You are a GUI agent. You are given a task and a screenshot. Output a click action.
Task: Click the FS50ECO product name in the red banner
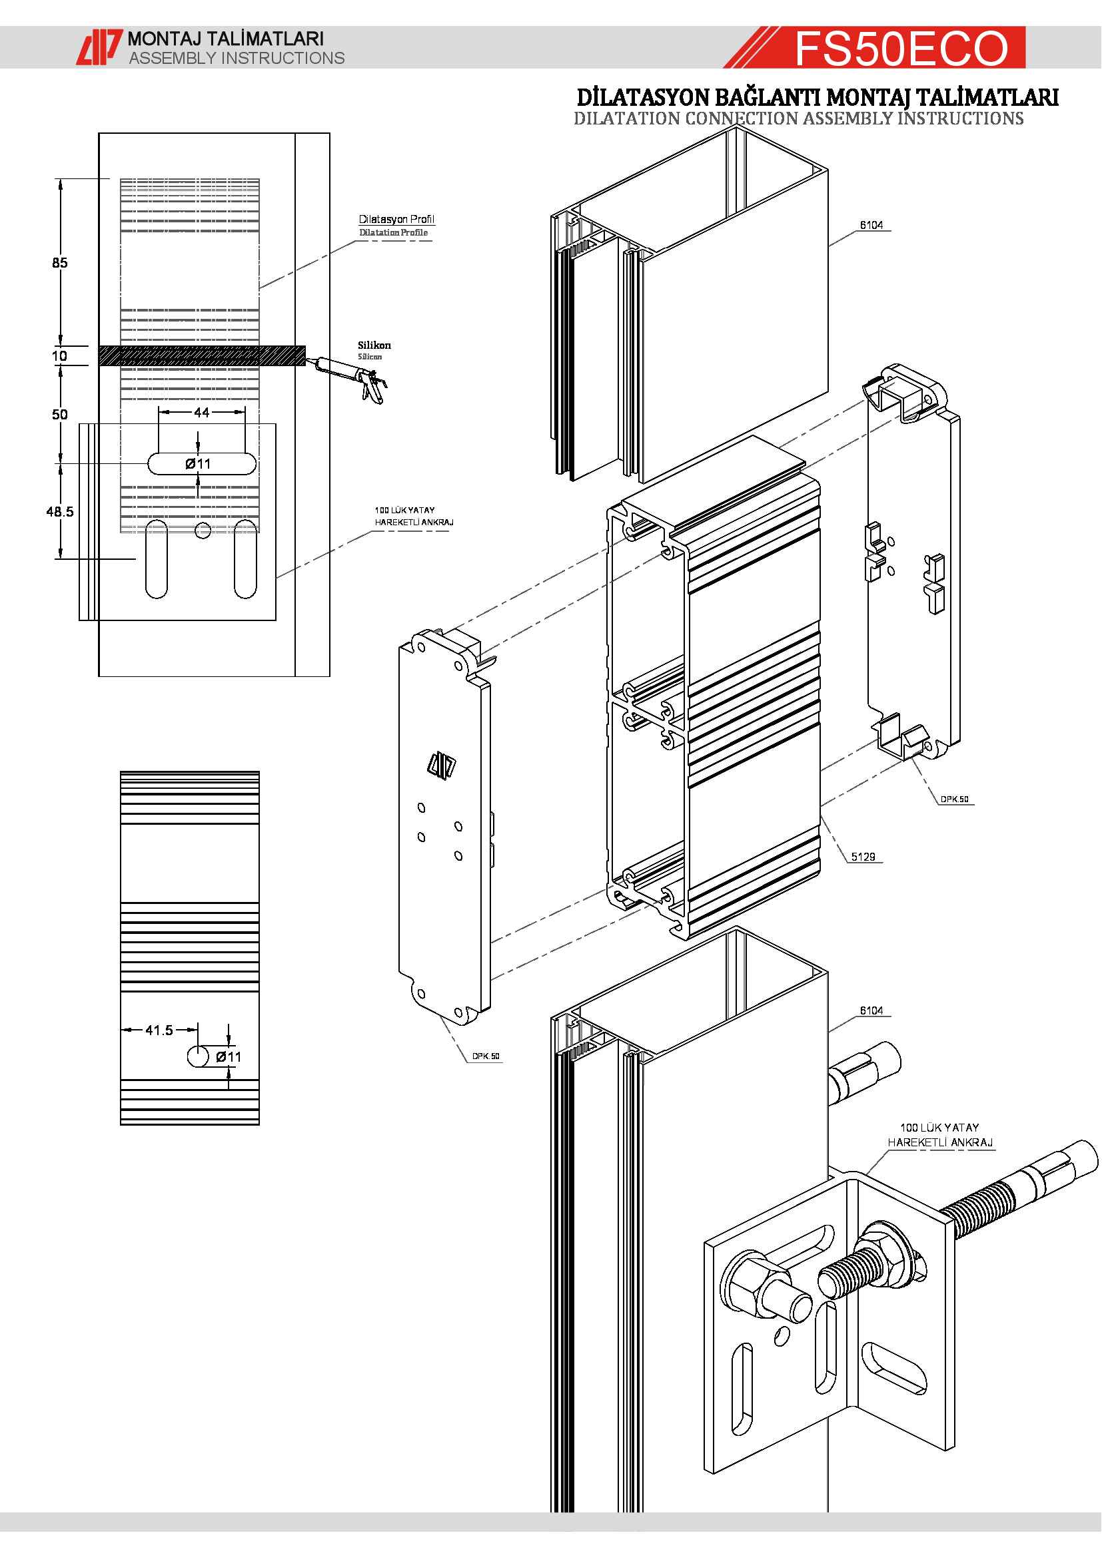tap(901, 48)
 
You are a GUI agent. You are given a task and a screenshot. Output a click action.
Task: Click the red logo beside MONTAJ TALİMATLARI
tap(99, 47)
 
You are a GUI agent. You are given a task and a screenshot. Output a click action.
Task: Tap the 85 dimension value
tap(60, 263)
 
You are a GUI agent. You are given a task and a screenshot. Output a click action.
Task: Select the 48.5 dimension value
tap(60, 512)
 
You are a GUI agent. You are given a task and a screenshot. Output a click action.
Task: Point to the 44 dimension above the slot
tap(201, 412)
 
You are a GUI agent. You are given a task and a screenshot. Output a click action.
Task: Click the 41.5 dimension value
tap(159, 1030)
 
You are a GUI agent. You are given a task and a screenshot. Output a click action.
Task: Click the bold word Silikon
tap(374, 345)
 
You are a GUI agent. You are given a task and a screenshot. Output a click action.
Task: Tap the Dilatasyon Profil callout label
tap(396, 219)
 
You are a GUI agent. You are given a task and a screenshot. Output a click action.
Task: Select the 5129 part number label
tap(863, 857)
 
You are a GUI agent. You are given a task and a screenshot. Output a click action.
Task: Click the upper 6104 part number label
tap(871, 225)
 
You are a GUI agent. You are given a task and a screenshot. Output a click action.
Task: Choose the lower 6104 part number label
tap(871, 1011)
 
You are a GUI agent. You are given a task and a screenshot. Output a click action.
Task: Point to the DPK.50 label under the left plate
tap(486, 1056)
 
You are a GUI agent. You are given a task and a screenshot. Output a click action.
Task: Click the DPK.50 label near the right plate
tap(954, 799)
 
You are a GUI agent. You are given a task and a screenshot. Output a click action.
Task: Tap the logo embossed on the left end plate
tap(442, 766)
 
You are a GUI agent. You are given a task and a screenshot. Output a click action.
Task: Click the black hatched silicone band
tap(201, 355)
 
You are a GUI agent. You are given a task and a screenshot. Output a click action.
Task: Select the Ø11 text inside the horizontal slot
tap(198, 464)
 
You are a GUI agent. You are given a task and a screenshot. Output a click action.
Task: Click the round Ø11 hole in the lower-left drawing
tap(197, 1056)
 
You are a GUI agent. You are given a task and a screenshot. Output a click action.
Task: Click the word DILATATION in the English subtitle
tap(626, 118)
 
